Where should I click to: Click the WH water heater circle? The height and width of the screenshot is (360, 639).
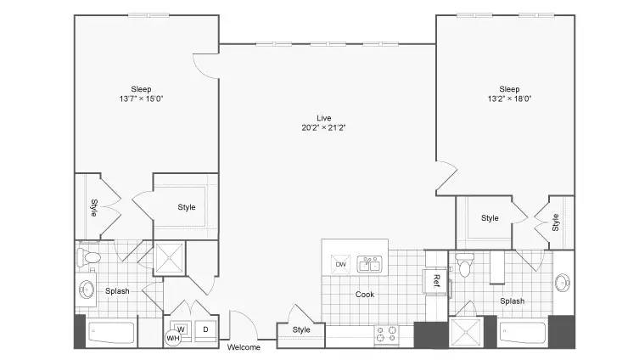[x=173, y=338]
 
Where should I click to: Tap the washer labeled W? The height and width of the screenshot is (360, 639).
[x=181, y=329]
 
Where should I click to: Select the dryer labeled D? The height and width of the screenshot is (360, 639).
[x=205, y=329]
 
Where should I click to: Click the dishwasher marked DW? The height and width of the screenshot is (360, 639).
[x=340, y=264]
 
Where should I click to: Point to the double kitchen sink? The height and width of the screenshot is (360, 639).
[x=370, y=264]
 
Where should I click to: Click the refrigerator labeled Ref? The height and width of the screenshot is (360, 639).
[x=435, y=280]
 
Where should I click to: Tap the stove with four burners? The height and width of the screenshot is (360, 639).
[x=386, y=335]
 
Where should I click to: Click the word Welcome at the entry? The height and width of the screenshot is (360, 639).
[x=244, y=347]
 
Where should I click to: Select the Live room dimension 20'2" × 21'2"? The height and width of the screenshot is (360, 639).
[x=323, y=127]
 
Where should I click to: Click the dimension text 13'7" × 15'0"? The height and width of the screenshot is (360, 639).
[x=141, y=98]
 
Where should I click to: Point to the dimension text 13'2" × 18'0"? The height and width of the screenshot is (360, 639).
[x=509, y=98]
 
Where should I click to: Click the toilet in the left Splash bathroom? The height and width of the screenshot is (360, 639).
[x=89, y=257]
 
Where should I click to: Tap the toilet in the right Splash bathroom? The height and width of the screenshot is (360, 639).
[x=464, y=265]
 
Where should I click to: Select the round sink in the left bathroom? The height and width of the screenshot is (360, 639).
[x=87, y=290]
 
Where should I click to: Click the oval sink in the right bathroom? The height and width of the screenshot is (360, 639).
[x=563, y=283]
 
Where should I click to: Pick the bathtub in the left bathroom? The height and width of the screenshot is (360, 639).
[x=112, y=333]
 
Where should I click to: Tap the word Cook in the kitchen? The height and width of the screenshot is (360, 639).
[x=364, y=295]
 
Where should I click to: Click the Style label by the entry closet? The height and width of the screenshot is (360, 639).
[x=301, y=329]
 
